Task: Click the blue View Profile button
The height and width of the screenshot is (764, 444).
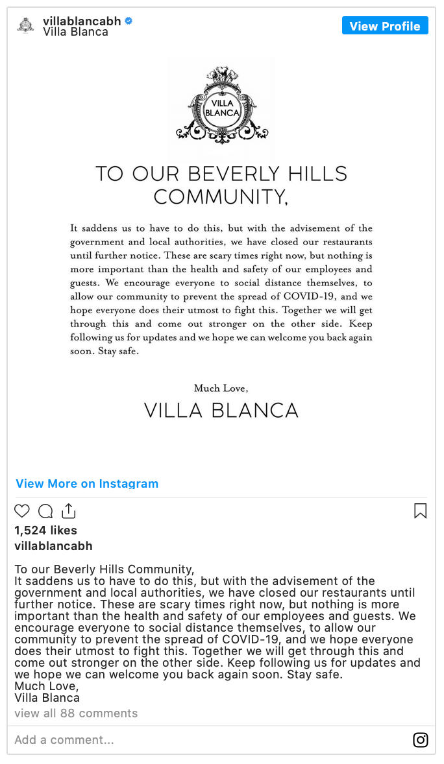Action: [x=385, y=26]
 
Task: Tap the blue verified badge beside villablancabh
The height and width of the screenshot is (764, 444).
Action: [x=129, y=21]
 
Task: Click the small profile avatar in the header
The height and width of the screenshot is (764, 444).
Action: [x=25, y=25]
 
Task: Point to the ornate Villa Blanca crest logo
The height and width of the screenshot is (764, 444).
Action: [x=221, y=106]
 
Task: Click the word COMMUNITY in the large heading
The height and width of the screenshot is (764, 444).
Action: [x=220, y=196]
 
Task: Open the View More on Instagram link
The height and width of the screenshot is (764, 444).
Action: [x=87, y=483]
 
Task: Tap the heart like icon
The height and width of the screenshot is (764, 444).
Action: [x=22, y=511]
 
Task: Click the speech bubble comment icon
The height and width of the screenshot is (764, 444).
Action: [x=45, y=511]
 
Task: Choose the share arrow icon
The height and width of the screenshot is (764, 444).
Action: [x=69, y=511]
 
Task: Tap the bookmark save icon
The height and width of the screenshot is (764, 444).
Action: [x=420, y=511]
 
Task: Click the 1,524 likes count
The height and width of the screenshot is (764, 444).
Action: [x=45, y=530]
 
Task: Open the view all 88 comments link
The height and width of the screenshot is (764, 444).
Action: [x=76, y=713]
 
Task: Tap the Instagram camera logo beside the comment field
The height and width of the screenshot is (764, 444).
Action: [x=421, y=740]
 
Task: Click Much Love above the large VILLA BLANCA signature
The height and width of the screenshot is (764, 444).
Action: [x=221, y=388]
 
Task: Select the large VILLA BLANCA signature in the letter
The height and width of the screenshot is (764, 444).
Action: [x=221, y=410]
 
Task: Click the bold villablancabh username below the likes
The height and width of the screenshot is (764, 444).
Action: [x=53, y=545]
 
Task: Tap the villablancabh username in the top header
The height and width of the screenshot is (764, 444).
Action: [x=82, y=21]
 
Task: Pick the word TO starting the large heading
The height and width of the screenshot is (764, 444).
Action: [x=110, y=174]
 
